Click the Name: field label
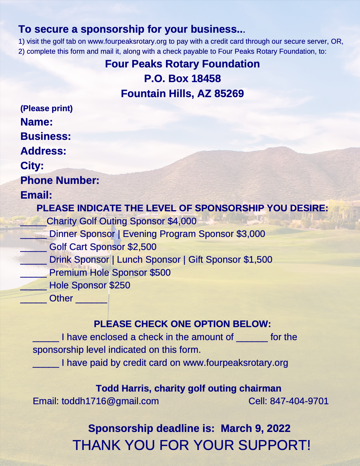[x=36, y=122]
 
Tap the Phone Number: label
[x=60, y=181]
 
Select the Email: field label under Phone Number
[x=36, y=195]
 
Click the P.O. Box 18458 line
[x=182, y=79]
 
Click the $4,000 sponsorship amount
[x=182, y=221]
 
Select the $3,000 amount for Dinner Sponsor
[x=250, y=234]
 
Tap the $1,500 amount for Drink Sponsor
[x=258, y=260]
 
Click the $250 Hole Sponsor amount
[x=120, y=285]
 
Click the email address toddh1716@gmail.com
[x=110, y=401]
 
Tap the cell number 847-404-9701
[x=299, y=401]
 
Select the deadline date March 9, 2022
[x=255, y=429]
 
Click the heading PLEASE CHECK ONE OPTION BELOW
[x=182, y=324]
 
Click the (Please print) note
[x=46, y=108]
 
